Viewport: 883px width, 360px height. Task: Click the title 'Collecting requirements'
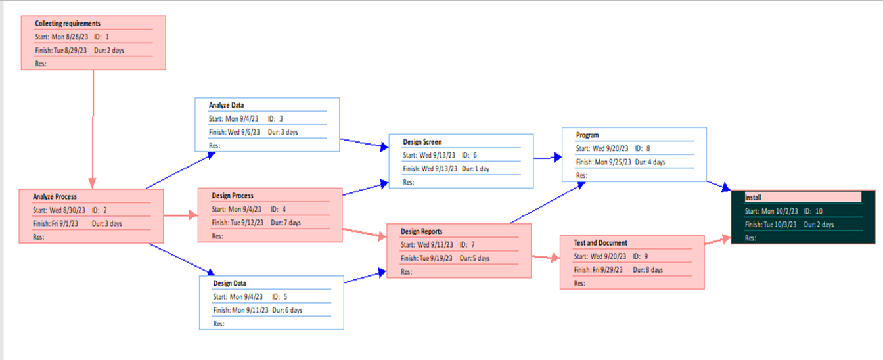tap(68, 24)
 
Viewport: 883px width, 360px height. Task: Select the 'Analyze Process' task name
tap(55, 196)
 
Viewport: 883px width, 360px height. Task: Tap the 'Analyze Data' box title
tap(227, 105)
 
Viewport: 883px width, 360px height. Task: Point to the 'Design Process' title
tap(233, 196)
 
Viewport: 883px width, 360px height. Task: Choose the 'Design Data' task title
tap(229, 284)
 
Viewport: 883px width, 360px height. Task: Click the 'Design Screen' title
tap(422, 142)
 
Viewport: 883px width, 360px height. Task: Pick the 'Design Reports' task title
tap(422, 231)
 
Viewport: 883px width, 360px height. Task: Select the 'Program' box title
tap(587, 135)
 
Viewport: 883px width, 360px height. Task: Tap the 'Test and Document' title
tap(600, 243)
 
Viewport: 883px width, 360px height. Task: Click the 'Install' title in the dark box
tap(753, 197)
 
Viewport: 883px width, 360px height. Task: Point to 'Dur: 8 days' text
tap(648, 270)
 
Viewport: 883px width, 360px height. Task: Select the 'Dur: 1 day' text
tap(476, 169)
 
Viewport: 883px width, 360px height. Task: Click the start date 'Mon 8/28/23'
tap(70, 37)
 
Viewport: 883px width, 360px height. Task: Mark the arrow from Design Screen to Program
tap(548, 158)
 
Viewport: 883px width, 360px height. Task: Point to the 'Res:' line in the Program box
tap(581, 175)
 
